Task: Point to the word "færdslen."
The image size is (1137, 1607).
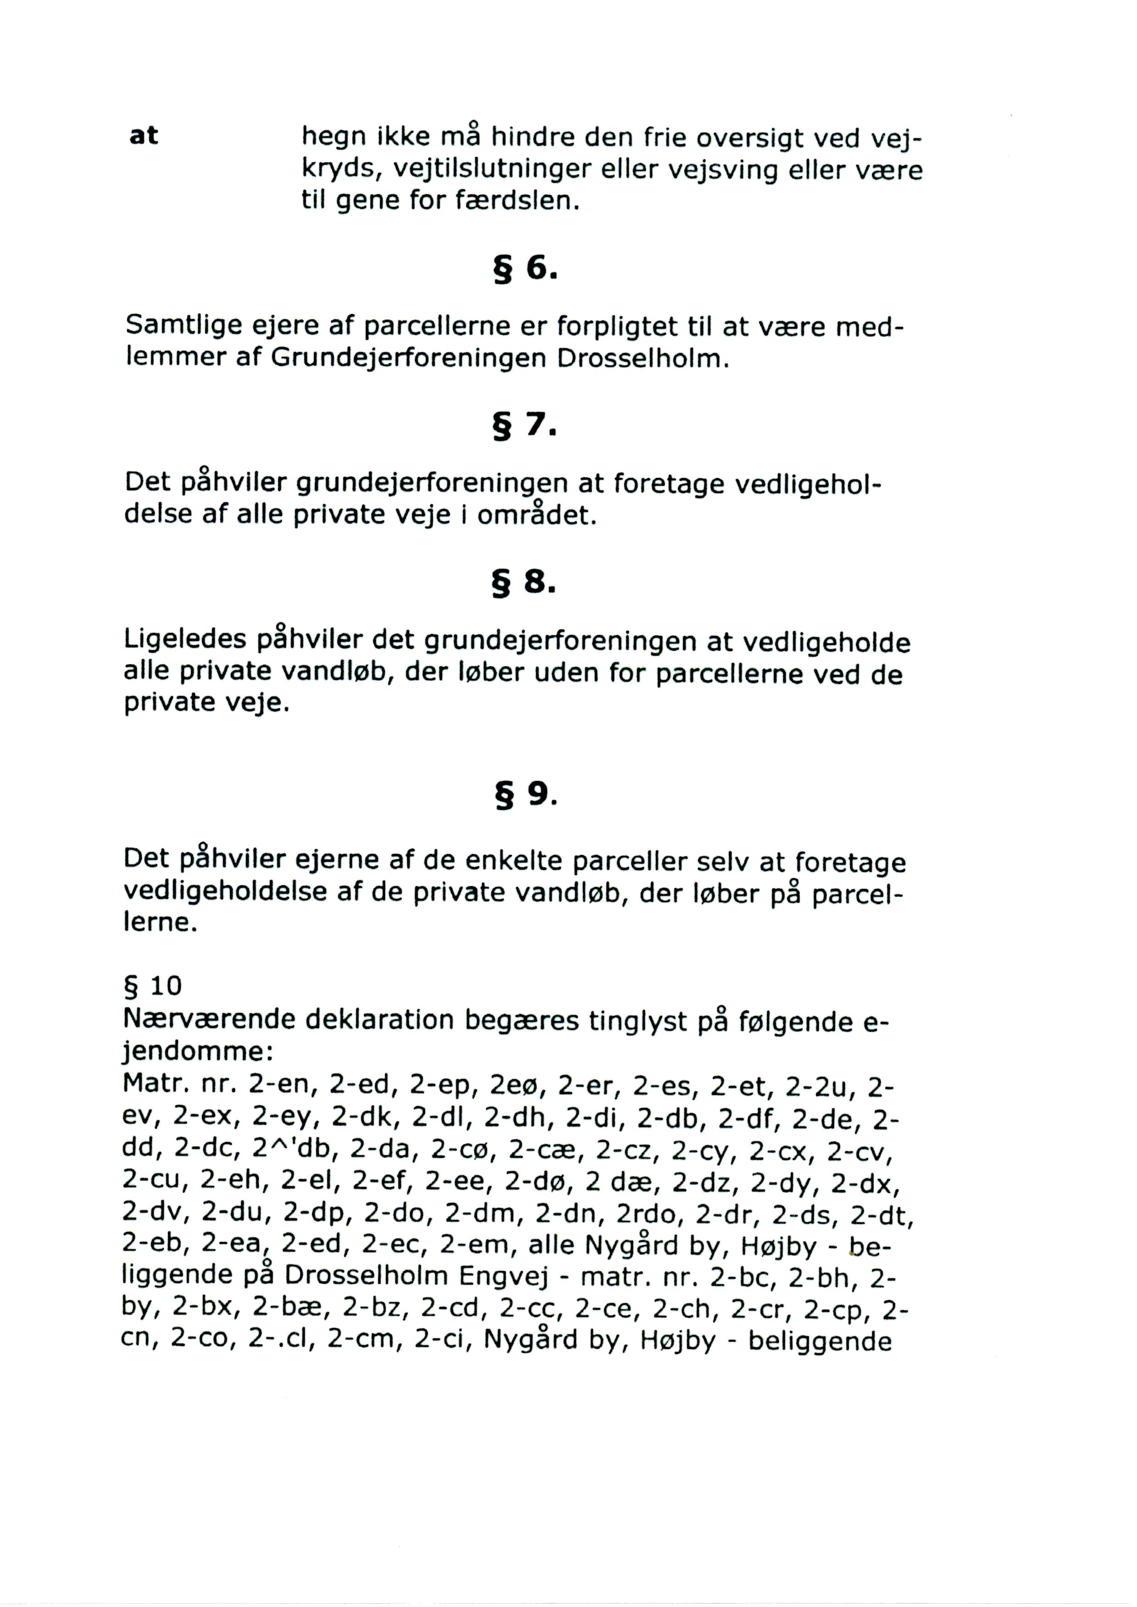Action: (x=518, y=201)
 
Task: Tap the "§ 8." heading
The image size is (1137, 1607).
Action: (x=525, y=582)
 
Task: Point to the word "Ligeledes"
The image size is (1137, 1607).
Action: (x=185, y=639)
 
